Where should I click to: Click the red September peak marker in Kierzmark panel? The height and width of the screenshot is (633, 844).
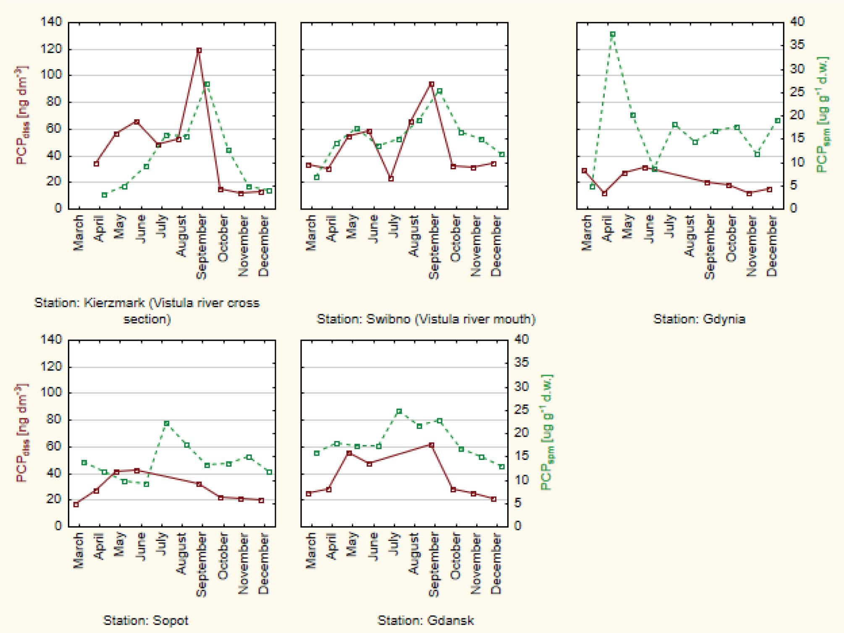(x=199, y=50)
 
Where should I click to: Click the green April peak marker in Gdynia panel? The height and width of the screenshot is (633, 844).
(x=613, y=34)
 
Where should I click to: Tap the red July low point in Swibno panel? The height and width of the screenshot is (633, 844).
(x=391, y=179)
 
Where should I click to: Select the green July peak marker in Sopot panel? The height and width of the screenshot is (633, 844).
(x=167, y=423)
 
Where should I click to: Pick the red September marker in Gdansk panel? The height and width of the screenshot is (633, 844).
(x=431, y=445)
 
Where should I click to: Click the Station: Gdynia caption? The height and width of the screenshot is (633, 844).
(x=699, y=319)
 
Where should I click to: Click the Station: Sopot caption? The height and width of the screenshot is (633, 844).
(x=146, y=620)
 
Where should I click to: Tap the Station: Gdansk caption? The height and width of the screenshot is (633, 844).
(x=425, y=620)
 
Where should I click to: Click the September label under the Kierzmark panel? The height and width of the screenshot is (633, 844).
(x=202, y=247)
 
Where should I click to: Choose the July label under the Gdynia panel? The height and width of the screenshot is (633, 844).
(x=669, y=226)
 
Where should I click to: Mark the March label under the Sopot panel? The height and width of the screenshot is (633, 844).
(x=79, y=551)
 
